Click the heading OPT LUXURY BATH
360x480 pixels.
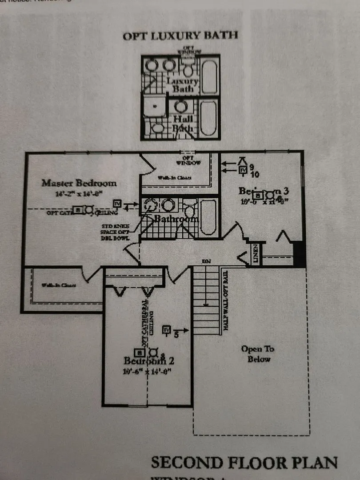click(180, 36)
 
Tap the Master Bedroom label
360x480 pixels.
click(80, 183)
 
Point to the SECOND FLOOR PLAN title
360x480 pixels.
click(244, 462)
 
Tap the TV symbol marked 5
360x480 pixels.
click(167, 330)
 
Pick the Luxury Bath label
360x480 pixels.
click(183, 85)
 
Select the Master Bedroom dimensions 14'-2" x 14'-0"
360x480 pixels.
click(79, 193)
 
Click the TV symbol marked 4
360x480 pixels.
click(118, 204)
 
